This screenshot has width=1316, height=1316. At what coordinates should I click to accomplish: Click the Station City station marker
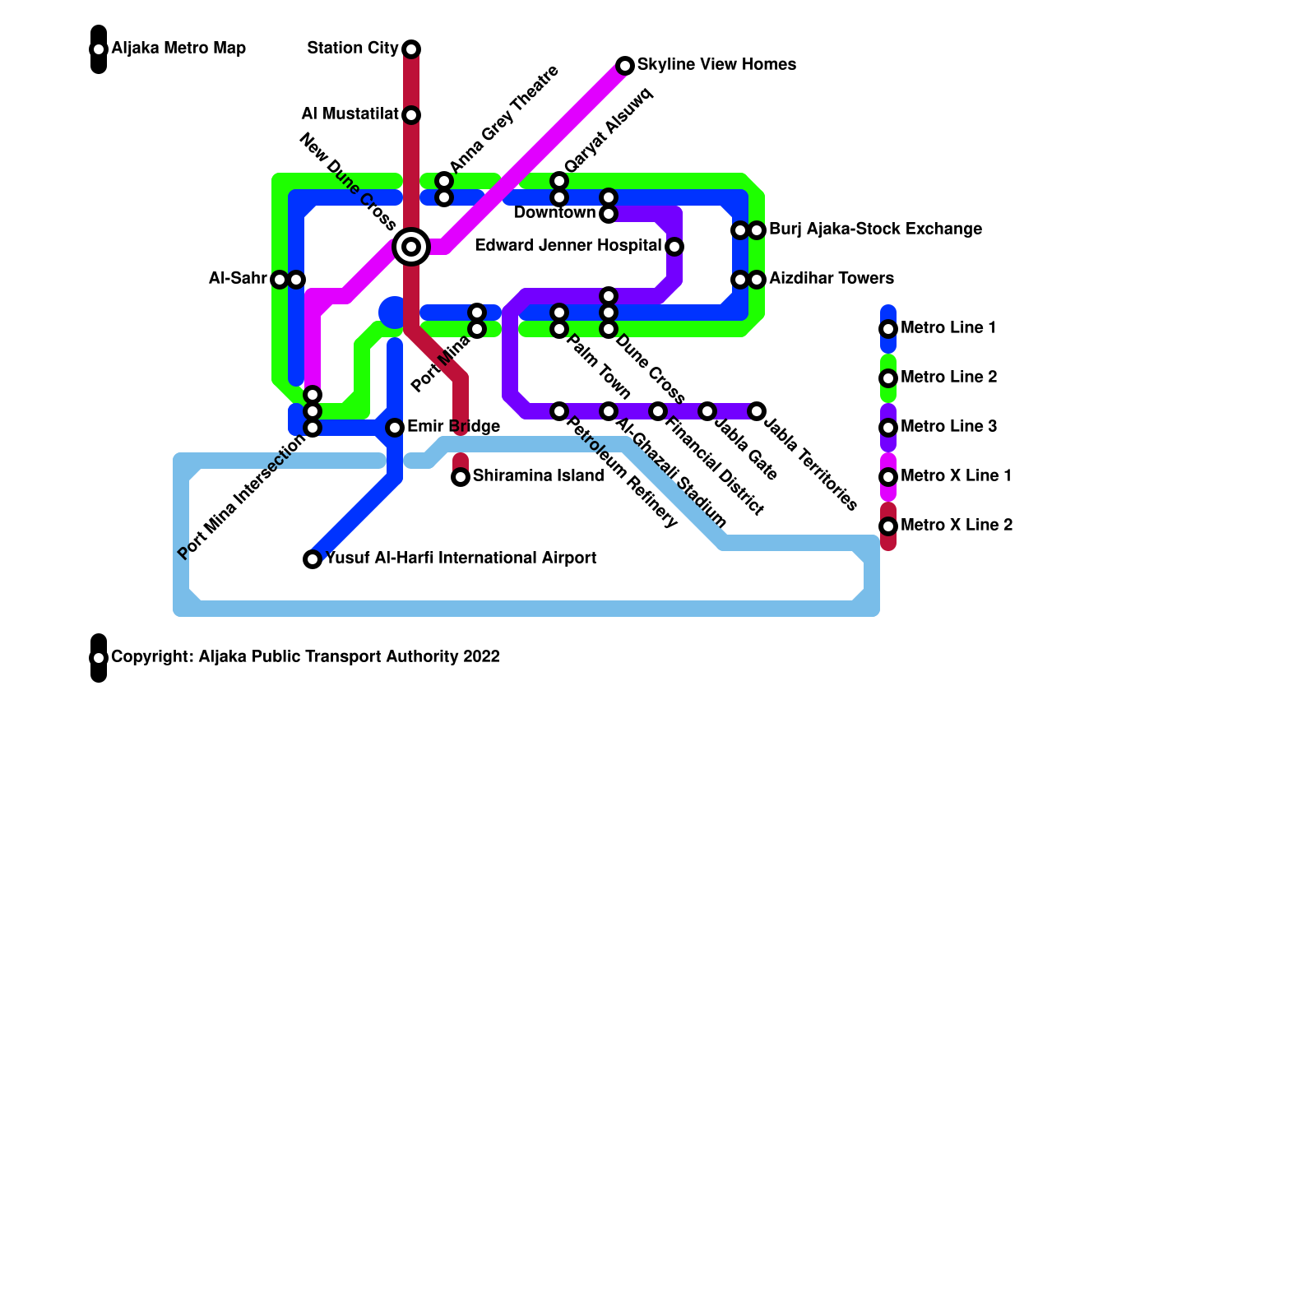click(x=411, y=49)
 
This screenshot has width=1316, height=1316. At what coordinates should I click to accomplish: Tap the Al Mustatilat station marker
click(x=411, y=115)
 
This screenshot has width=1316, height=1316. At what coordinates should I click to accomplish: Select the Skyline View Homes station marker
click(x=625, y=66)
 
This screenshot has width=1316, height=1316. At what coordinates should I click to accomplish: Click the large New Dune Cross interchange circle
click(x=411, y=246)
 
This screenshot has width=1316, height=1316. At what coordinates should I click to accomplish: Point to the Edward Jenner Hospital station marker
click(x=674, y=247)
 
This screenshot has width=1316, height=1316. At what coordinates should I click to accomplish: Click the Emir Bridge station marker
click(x=395, y=428)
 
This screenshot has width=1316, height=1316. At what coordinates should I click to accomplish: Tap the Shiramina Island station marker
click(x=461, y=477)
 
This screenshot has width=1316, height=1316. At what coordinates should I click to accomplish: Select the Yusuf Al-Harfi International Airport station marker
click(x=313, y=559)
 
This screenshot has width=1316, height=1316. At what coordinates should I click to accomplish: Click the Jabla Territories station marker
click(x=757, y=411)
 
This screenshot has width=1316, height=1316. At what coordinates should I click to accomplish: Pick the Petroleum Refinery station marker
click(x=559, y=411)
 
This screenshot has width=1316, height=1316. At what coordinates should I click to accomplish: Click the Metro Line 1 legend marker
click(x=888, y=329)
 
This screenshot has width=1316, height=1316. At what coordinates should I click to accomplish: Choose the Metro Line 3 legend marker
click(x=888, y=428)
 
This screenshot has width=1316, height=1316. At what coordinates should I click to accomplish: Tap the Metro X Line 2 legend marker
click(x=888, y=526)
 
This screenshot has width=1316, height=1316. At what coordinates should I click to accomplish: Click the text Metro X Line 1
click(x=956, y=476)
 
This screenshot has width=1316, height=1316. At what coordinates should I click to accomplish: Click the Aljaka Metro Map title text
click(x=178, y=49)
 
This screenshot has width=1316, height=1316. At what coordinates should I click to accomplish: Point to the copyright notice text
click(x=305, y=657)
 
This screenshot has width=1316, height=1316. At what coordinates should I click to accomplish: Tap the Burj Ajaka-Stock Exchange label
click(x=875, y=229)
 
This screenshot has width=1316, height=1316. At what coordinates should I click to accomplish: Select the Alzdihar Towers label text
click(x=832, y=279)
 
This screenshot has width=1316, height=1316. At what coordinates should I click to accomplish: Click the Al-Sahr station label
click(x=238, y=279)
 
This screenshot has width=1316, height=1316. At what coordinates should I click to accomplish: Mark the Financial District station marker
click(x=658, y=411)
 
